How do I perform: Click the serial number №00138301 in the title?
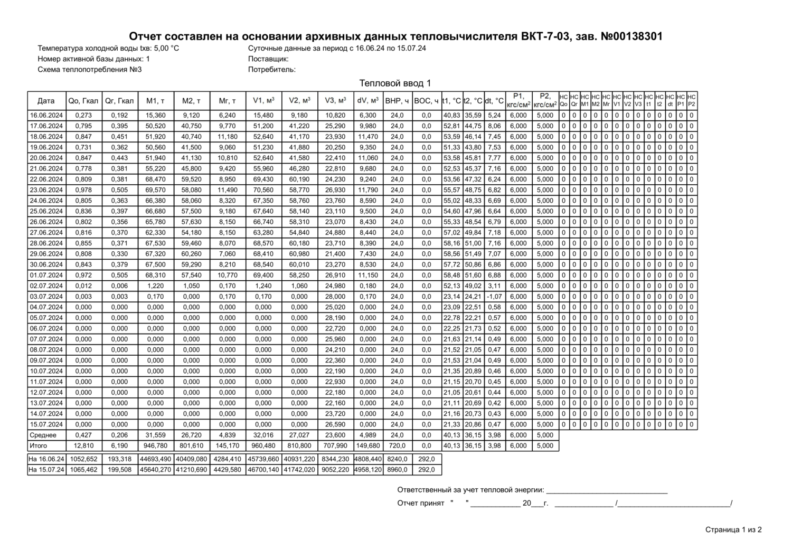631,36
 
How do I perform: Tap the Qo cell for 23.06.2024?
83,190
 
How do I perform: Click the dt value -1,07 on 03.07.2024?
494,297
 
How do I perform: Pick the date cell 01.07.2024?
46,275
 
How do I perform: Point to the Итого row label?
39,446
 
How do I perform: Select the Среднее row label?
43,435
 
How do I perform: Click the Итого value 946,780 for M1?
155,446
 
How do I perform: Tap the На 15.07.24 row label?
46,470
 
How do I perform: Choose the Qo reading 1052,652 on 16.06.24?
83,459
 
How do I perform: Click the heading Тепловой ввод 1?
395,83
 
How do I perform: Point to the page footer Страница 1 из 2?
733,530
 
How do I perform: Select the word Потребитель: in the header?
272,69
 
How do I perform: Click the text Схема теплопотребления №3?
90,69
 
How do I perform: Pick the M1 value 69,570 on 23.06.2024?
155,190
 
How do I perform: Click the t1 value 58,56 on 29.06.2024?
452,254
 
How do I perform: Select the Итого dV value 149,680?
367,446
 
